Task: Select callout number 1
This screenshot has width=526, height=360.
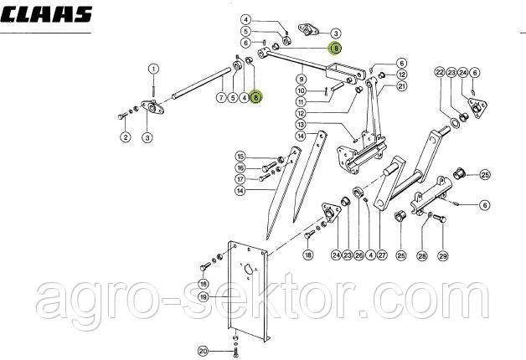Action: coord(154,68)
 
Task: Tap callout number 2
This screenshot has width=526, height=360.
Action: coord(124,137)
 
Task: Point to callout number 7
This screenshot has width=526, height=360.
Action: coord(220,98)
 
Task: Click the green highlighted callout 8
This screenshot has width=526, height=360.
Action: coord(255,98)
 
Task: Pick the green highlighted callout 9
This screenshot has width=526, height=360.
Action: coord(335,49)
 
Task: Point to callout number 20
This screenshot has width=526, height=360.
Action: coord(202,350)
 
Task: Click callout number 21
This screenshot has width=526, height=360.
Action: coord(402,86)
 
